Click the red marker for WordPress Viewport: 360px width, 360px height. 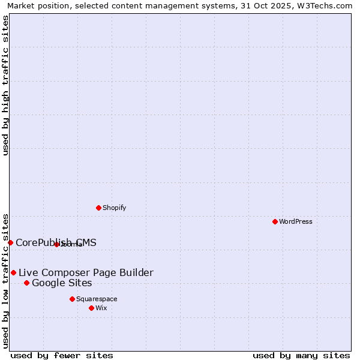coord(275,221)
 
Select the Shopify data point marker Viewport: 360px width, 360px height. coord(98,208)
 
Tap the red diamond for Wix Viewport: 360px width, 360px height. coord(91,308)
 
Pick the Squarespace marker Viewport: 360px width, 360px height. coord(72,299)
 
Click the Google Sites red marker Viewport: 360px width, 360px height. coord(26,283)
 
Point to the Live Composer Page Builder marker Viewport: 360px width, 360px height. coord(13,272)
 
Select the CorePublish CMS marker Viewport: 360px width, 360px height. coord(10,242)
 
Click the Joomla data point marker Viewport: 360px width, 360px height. coord(56,244)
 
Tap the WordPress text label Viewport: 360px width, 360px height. coord(296,221)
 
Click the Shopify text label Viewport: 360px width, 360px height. coord(114,208)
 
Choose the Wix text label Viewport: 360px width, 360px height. coord(101,308)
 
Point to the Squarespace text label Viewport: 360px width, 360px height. coord(97,299)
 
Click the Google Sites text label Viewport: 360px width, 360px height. coord(62,283)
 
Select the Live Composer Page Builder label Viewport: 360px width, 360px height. coord(86,272)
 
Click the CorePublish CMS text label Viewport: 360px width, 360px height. coord(56,242)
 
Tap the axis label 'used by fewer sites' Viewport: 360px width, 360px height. coord(62,355)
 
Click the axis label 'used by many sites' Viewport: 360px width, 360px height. coord(301,355)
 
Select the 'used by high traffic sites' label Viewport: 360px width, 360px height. coord(5,85)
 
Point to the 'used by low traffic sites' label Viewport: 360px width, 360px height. coord(5,280)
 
